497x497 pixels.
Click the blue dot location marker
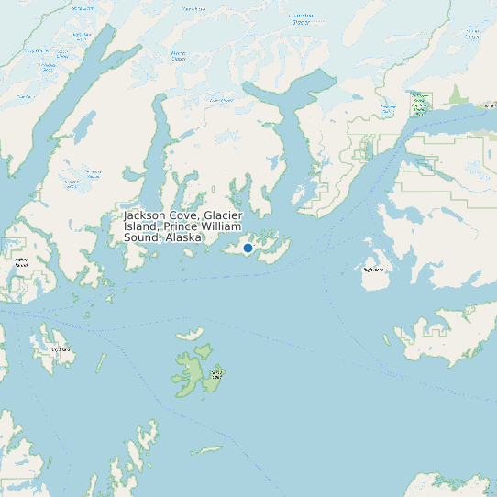coord(248,248)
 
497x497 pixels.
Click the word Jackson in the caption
coord(146,215)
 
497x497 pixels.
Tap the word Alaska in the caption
coord(183,237)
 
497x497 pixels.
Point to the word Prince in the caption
coord(181,226)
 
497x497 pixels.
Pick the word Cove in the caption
coord(185,215)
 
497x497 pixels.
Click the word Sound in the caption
coord(141,237)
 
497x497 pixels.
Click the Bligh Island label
coord(373,271)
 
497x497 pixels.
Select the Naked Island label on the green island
coord(216,373)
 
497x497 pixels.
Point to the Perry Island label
coord(59,349)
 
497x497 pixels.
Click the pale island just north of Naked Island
coord(190,334)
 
